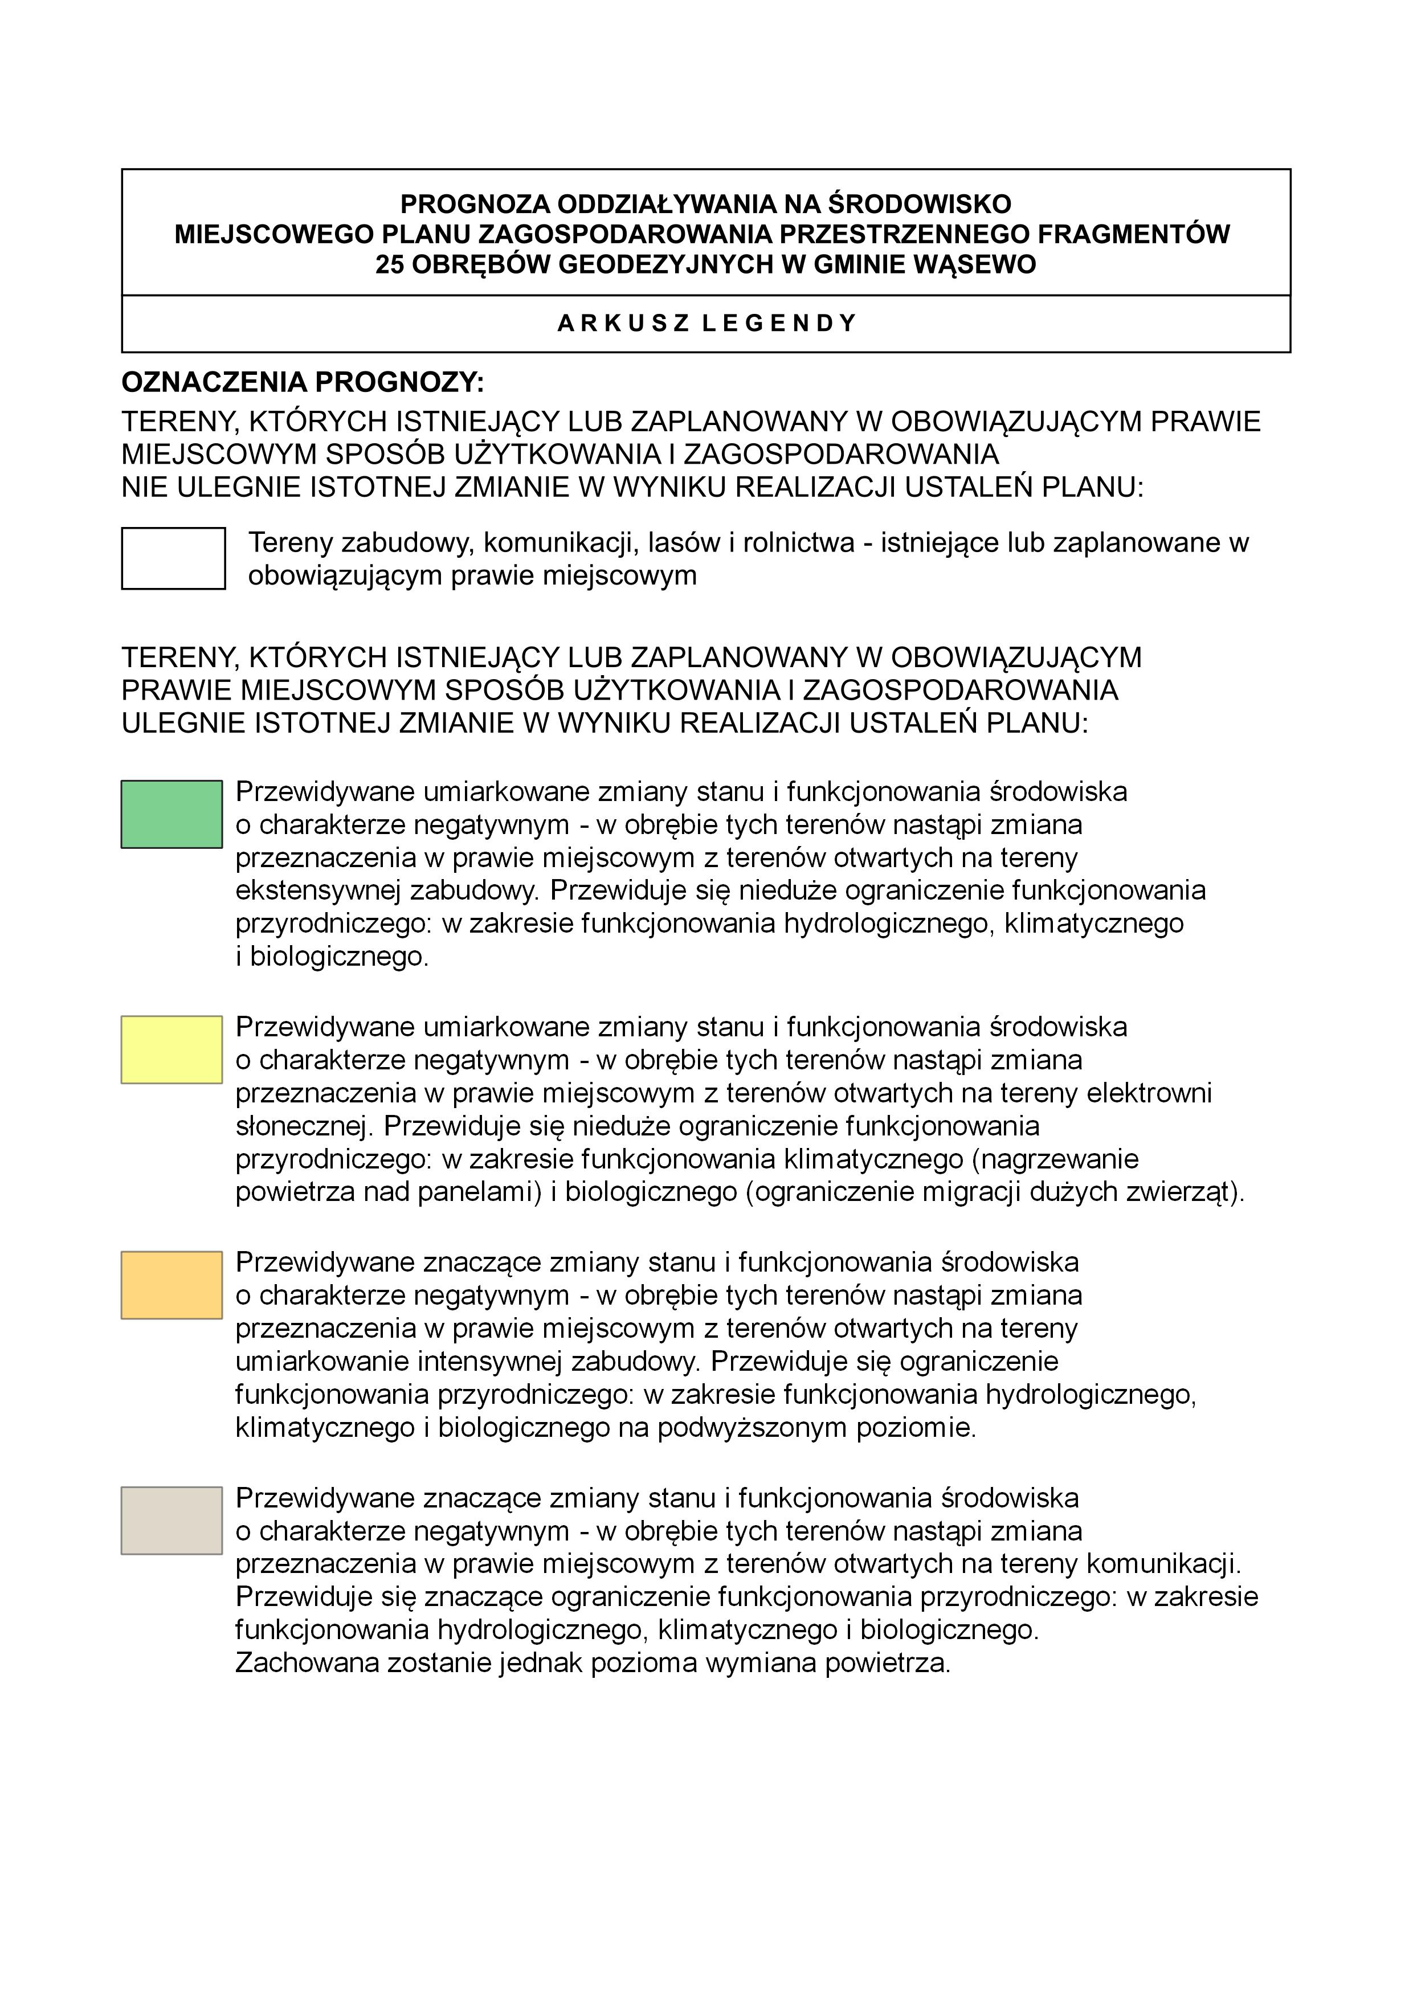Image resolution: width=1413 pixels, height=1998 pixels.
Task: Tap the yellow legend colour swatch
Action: coord(171,1049)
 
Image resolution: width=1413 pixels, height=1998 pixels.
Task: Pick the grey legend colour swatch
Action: coord(171,1520)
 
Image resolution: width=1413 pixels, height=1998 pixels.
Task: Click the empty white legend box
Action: coord(173,558)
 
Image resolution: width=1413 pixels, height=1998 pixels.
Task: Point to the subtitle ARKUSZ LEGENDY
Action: coord(706,324)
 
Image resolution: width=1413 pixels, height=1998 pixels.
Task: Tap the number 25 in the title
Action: coord(390,264)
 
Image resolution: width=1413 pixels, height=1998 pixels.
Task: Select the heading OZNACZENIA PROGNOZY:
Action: coord(302,382)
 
